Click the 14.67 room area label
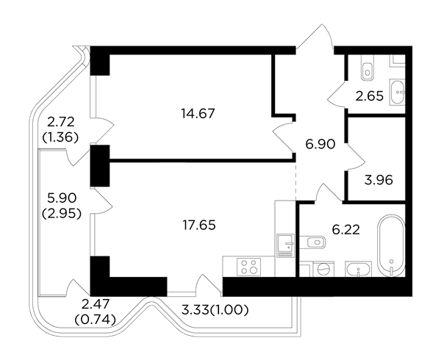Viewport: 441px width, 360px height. pos(198,114)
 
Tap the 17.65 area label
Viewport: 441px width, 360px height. pos(199,225)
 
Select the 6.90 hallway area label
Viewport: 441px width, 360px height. pos(320,144)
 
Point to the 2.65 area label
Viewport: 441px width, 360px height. pos(369,96)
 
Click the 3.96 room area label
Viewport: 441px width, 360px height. pos(379,180)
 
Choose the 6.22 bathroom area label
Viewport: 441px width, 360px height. pos(346,230)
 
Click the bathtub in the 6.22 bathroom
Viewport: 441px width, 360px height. pos(392,245)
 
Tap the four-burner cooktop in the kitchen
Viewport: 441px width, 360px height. pos(249,267)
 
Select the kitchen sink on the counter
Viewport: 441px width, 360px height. pos(285,245)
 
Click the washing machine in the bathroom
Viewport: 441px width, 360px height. pos(323,269)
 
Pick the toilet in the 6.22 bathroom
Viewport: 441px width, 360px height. pos(312,242)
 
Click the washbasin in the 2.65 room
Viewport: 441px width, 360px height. pos(397,92)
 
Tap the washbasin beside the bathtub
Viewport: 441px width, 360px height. pos(359,269)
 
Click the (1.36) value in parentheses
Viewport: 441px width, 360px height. pos(60,137)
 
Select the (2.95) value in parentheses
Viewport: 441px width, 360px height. pos(62,214)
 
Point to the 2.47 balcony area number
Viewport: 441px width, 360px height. pos(95,304)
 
